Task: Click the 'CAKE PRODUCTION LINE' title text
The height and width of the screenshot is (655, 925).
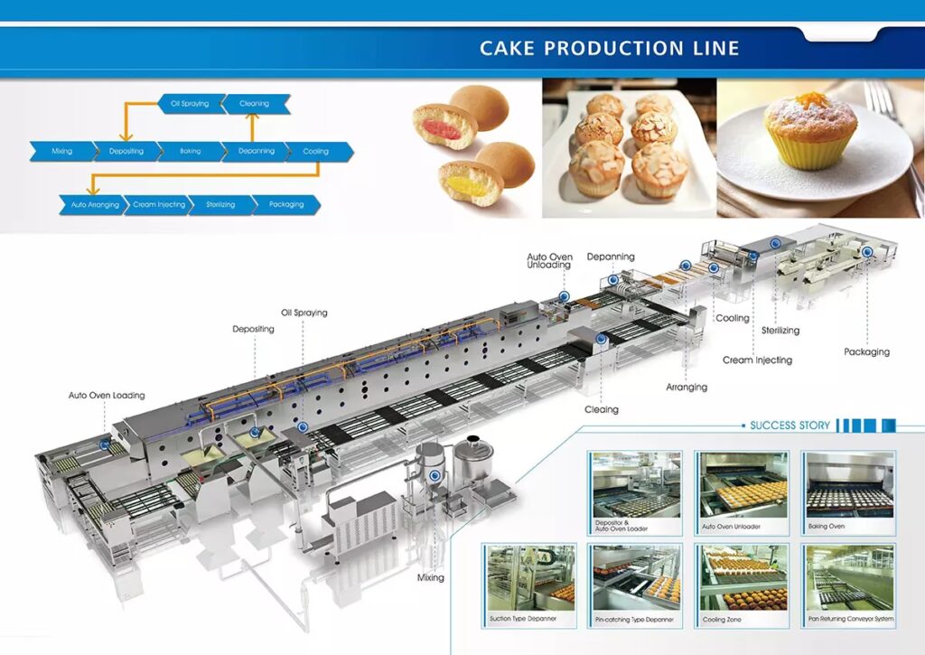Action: (x=609, y=48)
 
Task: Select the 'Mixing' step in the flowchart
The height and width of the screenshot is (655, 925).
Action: (x=62, y=151)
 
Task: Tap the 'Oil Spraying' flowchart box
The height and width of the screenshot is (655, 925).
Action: (x=190, y=104)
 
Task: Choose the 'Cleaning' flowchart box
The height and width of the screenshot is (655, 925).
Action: (x=255, y=104)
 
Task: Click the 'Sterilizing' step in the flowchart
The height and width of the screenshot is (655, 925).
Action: (x=221, y=205)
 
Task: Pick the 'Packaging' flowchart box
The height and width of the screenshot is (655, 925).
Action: (x=285, y=205)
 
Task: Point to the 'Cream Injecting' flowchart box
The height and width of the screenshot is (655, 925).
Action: (x=158, y=205)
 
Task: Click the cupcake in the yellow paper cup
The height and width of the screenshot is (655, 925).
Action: (x=809, y=134)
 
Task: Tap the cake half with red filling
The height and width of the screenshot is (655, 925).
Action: (x=443, y=127)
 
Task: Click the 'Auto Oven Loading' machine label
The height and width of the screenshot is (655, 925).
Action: (x=107, y=396)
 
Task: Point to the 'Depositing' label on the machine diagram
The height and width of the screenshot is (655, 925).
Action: (x=254, y=329)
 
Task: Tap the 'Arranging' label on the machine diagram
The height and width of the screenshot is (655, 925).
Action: (x=687, y=388)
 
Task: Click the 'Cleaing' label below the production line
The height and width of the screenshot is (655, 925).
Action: (x=601, y=409)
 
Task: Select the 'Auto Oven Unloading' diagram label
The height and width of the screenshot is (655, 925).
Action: (x=549, y=262)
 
